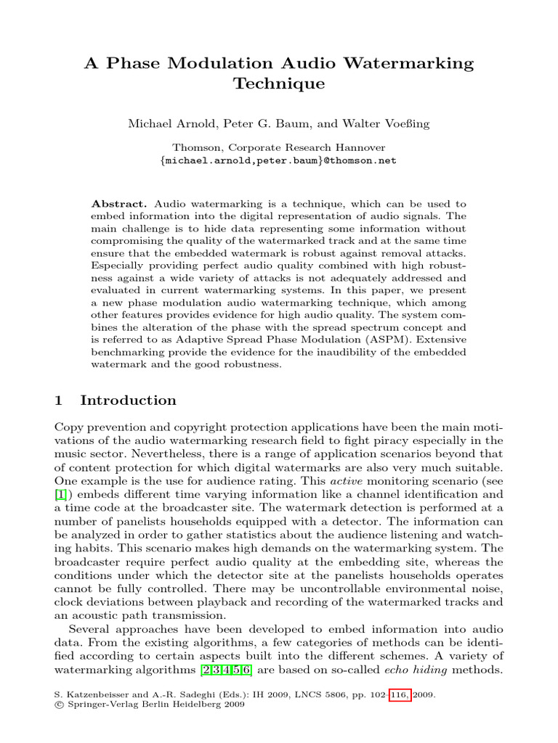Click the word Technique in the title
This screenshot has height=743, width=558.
click(279, 84)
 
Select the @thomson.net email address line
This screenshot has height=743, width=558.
click(278, 160)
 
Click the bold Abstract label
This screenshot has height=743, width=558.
click(116, 205)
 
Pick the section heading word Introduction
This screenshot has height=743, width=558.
click(128, 401)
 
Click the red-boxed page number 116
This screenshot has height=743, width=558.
click(400, 694)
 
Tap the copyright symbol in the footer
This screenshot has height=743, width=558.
click(60, 705)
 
